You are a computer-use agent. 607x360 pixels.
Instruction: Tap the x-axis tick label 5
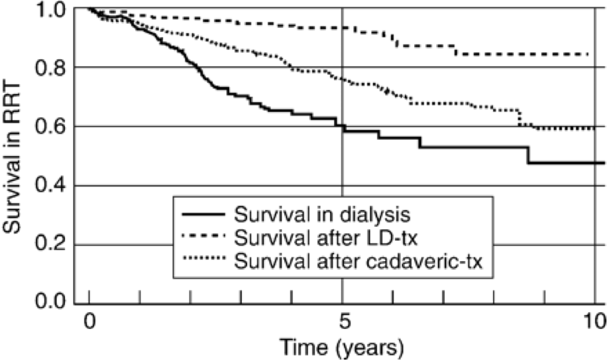click(343, 322)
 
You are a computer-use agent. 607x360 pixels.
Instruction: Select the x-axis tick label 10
click(594, 322)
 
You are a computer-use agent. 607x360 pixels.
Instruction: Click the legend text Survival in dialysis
click(323, 214)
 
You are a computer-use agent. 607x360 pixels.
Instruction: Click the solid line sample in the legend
click(202, 214)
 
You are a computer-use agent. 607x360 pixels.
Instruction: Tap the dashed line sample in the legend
click(202, 237)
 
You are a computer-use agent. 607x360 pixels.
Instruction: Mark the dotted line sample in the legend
click(202, 260)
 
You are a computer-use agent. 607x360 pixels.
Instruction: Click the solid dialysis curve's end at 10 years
click(603, 162)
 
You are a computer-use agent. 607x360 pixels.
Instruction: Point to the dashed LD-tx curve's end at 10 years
click(588, 54)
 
